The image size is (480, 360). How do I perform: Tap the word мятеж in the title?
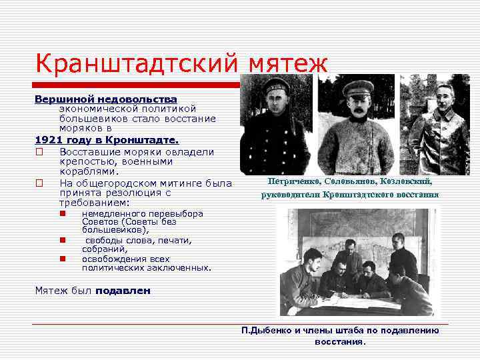[288, 65]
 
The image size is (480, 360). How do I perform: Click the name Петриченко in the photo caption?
[294, 182]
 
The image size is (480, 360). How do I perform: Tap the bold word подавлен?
[123, 291]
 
